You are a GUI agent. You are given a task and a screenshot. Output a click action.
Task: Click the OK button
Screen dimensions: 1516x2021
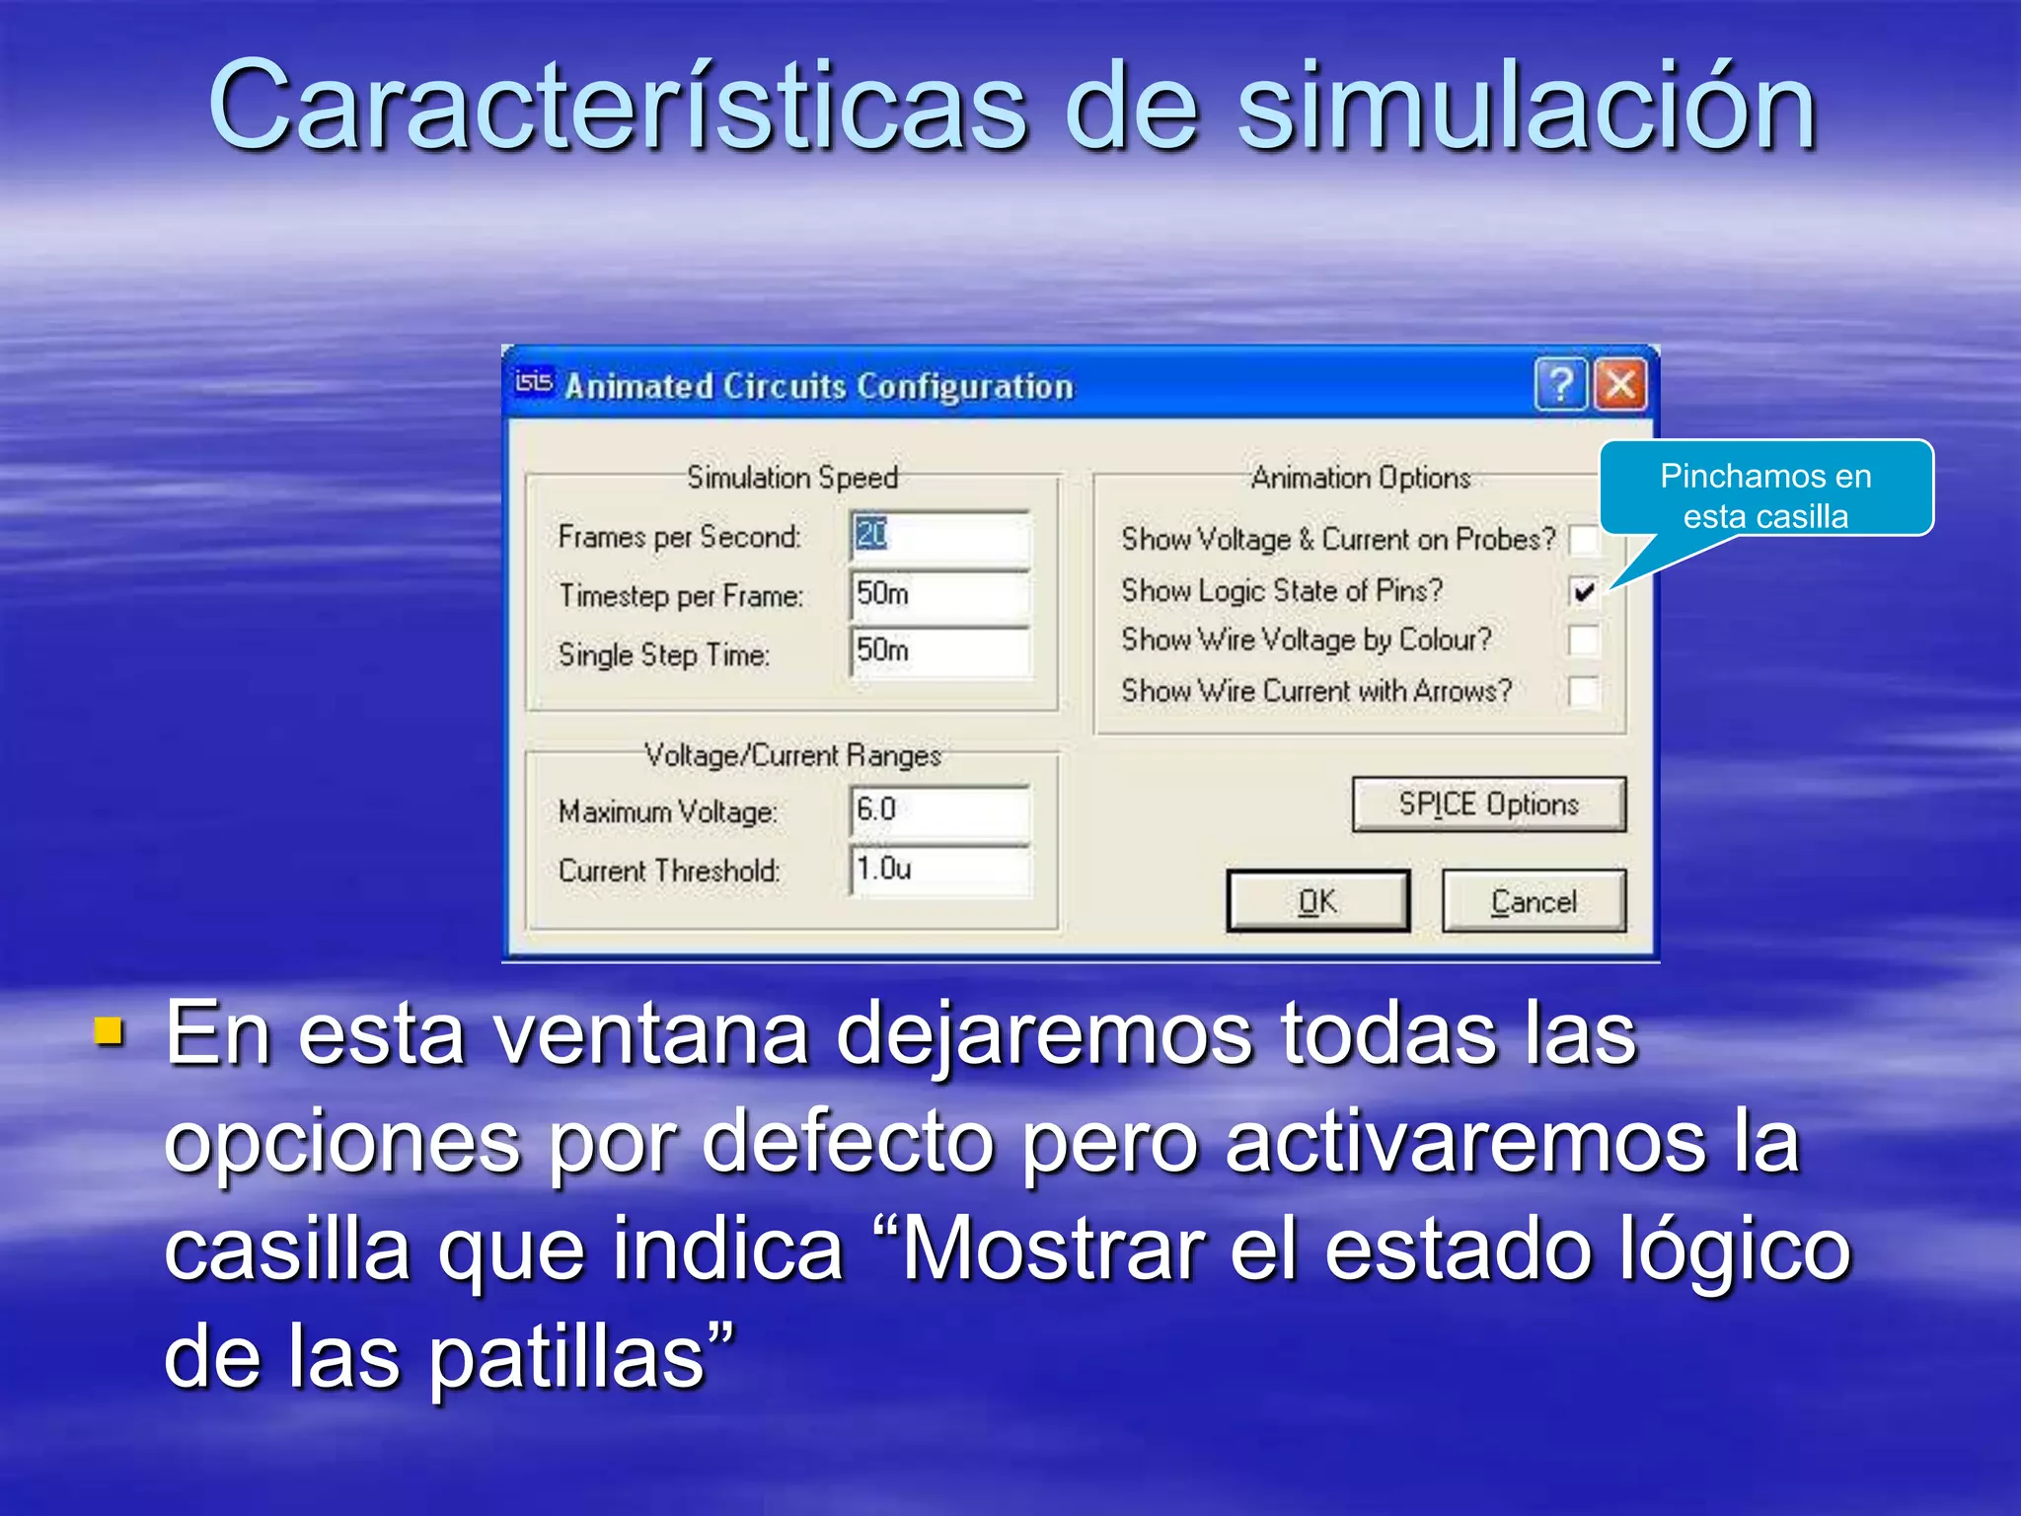[x=1317, y=901]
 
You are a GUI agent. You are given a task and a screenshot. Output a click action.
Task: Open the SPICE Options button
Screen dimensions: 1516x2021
[x=1488, y=804]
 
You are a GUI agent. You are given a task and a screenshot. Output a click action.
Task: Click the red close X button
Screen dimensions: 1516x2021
[x=1620, y=384]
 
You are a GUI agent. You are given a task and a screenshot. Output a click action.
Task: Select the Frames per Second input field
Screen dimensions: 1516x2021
[x=939, y=536]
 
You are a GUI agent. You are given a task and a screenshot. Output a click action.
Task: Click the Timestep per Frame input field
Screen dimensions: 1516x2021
[x=939, y=594]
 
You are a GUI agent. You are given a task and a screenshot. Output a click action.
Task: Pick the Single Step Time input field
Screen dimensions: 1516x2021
[x=939, y=651]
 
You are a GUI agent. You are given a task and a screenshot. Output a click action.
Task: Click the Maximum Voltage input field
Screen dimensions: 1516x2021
[x=939, y=810]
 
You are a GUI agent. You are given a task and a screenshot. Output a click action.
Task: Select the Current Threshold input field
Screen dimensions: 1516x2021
[x=939, y=870]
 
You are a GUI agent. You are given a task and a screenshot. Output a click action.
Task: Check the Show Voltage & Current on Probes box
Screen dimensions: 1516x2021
[x=1583, y=540]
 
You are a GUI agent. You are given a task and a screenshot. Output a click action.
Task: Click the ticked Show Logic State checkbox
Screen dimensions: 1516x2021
[x=1584, y=591]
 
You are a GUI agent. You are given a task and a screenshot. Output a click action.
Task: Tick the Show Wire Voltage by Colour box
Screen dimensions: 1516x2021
[x=1584, y=641]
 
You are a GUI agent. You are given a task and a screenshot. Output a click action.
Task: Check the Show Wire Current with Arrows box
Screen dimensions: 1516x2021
[x=1584, y=691]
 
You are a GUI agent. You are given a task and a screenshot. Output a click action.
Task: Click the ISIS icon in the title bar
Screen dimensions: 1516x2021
[x=534, y=383]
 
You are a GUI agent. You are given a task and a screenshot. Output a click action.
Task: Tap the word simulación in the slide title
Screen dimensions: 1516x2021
[x=1526, y=107]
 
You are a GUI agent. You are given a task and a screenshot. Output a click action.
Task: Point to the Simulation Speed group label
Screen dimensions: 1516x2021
[x=792, y=478]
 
